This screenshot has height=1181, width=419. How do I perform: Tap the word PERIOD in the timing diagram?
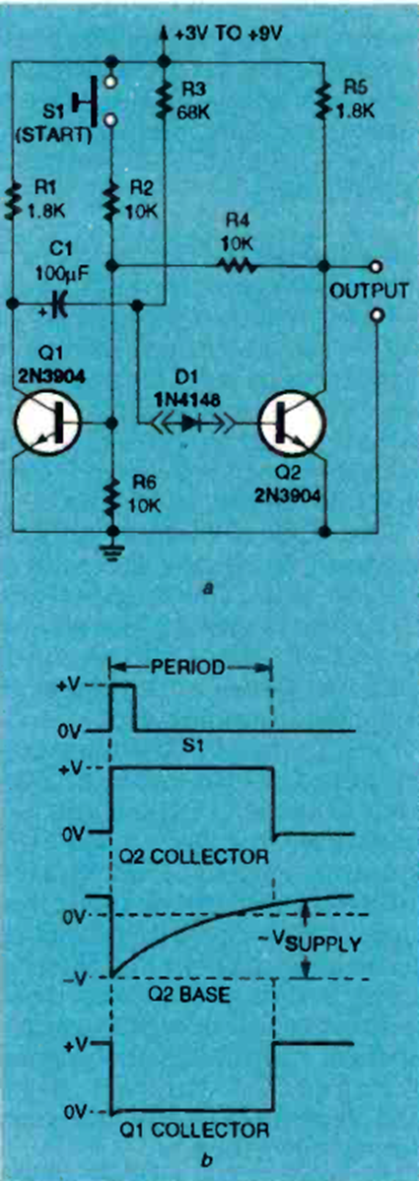[186, 667]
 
